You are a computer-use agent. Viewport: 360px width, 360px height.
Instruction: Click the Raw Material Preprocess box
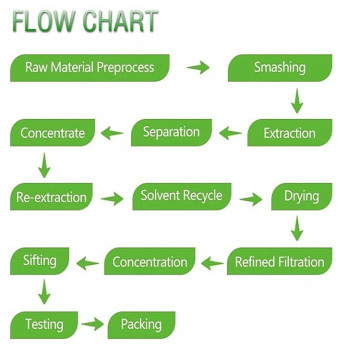click(90, 68)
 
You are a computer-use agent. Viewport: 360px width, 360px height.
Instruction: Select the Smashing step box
click(280, 68)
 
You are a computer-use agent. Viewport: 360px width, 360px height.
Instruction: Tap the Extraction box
click(290, 133)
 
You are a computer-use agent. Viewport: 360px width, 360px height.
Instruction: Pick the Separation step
click(171, 133)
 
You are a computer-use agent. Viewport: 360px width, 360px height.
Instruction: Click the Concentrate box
click(52, 133)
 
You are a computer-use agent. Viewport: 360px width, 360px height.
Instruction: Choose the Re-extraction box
click(51, 197)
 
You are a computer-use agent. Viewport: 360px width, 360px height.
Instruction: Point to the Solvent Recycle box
click(182, 197)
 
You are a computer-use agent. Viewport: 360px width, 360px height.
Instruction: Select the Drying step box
click(302, 197)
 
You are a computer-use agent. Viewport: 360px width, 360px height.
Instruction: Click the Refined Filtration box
click(280, 261)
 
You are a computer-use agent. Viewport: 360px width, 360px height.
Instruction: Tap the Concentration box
click(150, 261)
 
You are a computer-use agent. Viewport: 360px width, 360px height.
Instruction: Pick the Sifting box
click(40, 261)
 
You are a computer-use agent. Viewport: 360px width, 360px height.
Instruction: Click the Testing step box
click(44, 325)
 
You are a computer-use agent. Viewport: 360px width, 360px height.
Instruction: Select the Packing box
click(141, 325)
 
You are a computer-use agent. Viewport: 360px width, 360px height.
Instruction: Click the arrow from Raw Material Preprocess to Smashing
click(198, 68)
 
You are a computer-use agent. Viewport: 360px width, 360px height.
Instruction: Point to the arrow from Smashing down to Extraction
click(297, 101)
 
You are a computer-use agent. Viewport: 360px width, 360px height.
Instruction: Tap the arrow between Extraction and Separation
click(230, 133)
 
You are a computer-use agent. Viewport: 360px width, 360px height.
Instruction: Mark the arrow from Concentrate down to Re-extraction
click(44, 165)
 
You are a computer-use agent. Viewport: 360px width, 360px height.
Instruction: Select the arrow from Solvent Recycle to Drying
click(251, 199)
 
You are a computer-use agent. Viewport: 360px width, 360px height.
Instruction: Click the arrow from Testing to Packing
click(92, 324)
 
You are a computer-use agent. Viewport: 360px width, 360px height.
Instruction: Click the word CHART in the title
click(120, 22)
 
